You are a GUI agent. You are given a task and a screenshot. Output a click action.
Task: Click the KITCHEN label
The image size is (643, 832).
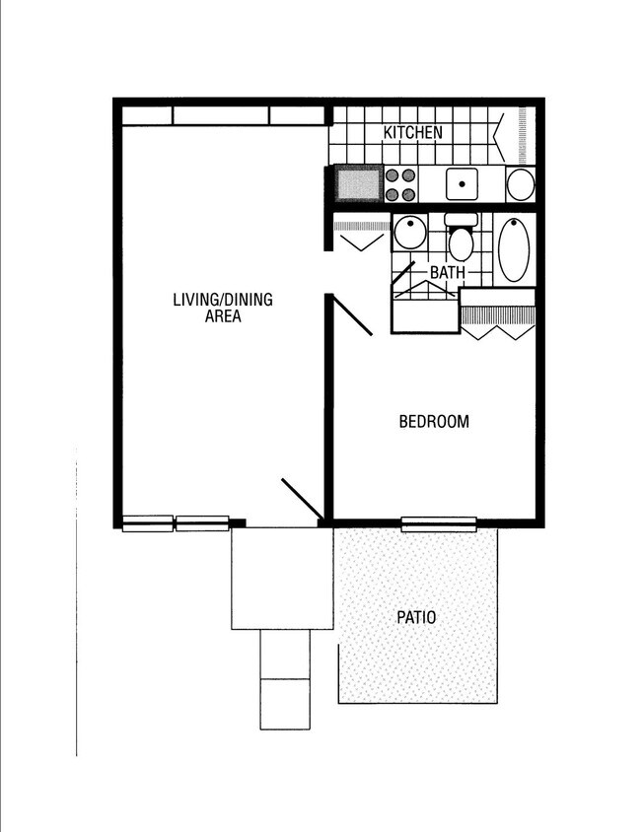412,133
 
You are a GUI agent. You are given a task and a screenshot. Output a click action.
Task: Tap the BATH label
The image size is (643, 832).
447,272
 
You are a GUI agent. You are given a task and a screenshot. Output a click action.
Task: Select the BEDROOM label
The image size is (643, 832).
433,422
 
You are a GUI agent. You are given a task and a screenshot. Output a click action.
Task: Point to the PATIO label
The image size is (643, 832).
416,618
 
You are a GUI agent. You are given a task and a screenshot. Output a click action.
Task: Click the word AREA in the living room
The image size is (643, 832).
223,316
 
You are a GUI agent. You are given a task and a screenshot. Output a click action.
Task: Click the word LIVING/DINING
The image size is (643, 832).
223,300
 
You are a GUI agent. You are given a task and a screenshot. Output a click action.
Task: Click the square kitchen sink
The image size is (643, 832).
461,184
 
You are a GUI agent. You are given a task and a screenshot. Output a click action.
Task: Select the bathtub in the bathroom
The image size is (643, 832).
514,248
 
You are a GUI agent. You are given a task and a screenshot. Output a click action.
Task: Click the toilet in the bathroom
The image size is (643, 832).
461,243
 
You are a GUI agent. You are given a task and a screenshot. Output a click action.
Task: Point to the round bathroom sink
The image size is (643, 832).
408,234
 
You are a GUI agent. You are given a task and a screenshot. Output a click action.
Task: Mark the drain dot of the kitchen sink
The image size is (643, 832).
461,184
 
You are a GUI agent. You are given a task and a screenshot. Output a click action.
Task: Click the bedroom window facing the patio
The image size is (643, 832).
438,523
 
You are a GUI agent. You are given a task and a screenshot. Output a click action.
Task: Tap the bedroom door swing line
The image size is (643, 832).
351,315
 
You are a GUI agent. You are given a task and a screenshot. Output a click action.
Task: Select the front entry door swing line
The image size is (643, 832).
302,500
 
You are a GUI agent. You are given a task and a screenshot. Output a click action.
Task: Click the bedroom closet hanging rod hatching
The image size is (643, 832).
498,315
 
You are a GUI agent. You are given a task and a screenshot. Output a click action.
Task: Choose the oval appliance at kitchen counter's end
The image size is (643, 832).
520,184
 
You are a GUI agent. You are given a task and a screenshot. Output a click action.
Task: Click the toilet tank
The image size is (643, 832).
461,220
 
